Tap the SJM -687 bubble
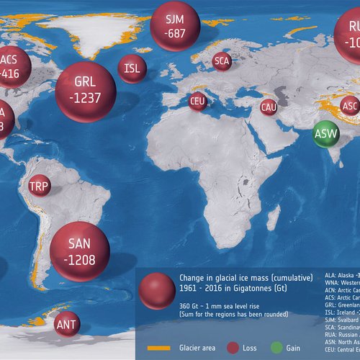coord(174,25)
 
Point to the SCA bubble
coord(222,61)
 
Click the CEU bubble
coord(197,102)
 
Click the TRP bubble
coord(40,188)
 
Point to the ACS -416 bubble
coord(11,66)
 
